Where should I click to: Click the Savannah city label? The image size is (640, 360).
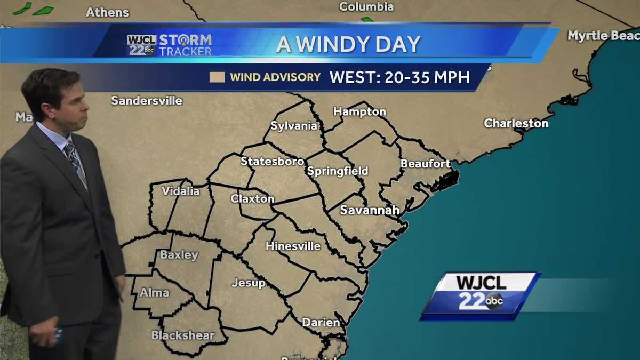[x=370, y=210]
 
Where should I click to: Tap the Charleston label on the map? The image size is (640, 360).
[x=516, y=123]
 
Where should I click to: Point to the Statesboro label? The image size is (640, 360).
[x=272, y=161]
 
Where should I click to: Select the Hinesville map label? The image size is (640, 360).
[x=293, y=246]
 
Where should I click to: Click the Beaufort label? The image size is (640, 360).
[x=425, y=164]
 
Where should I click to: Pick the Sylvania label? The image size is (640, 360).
[x=294, y=126]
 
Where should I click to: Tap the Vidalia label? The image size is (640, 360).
[x=180, y=191]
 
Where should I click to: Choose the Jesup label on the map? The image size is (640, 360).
[x=248, y=283]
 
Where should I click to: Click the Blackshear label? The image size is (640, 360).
[x=182, y=335]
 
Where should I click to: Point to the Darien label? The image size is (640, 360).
[x=321, y=322]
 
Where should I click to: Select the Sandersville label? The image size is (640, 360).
[x=147, y=100]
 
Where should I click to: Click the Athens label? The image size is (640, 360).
[x=107, y=12]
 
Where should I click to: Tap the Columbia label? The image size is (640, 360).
[x=366, y=7]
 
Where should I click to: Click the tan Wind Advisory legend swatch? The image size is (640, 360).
[x=217, y=77]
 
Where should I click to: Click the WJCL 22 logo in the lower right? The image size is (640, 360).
[x=479, y=295]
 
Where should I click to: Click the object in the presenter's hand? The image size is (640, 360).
[x=57, y=335]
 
